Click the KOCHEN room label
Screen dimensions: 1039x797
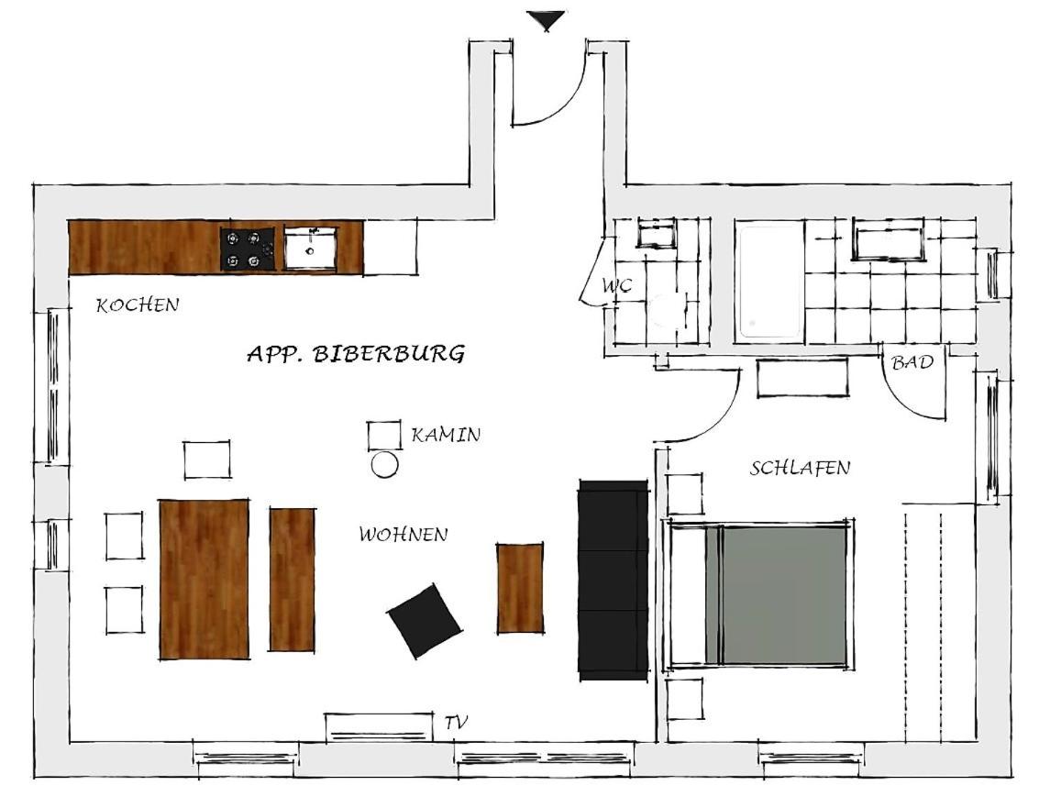(x=138, y=304)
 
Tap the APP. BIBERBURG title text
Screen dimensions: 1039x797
(x=356, y=353)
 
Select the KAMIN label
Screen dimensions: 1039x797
(x=446, y=435)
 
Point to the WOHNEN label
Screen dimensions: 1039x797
(x=403, y=534)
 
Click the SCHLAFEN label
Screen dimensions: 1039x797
(x=800, y=468)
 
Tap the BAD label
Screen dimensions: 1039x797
(x=912, y=361)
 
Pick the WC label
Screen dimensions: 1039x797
(x=616, y=285)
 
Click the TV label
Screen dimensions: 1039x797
(x=456, y=722)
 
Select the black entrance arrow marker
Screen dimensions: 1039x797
(x=546, y=20)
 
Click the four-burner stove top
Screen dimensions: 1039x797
(x=248, y=249)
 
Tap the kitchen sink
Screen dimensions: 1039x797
(x=310, y=248)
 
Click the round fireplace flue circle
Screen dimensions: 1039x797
(x=384, y=464)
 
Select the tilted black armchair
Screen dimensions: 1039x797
(x=424, y=621)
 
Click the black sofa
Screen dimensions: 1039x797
(x=613, y=580)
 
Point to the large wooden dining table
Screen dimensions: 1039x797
(x=204, y=579)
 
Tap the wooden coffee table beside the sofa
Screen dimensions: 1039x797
(x=520, y=588)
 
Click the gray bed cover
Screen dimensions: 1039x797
(x=784, y=595)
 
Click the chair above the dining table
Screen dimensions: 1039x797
(x=207, y=459)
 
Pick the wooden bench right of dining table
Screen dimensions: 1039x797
(x=292, y=579)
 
